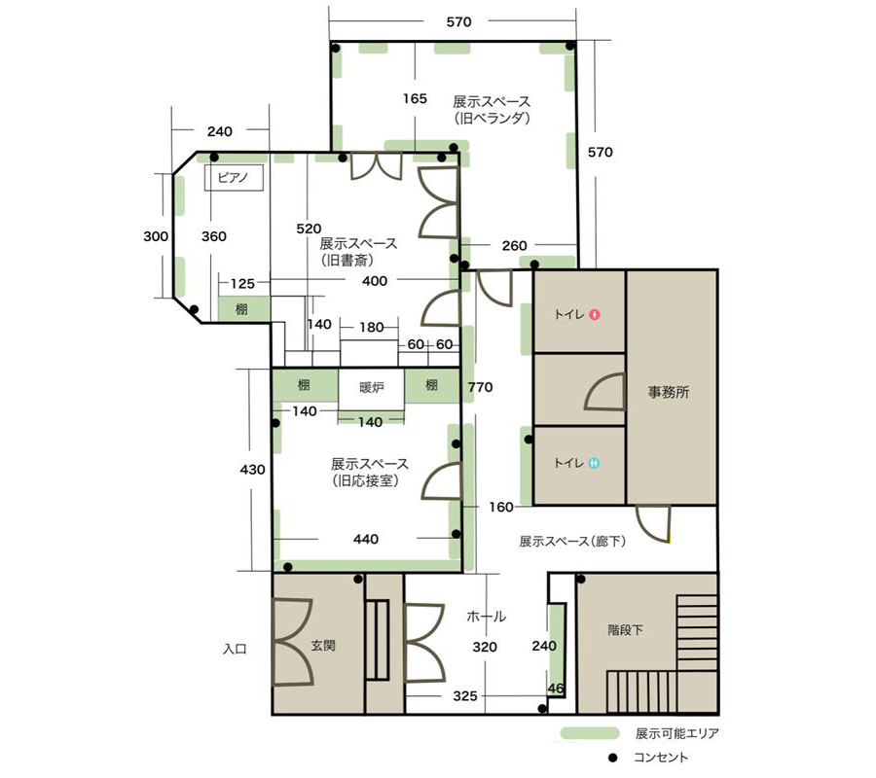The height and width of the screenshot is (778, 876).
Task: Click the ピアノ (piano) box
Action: [x=234, y=178]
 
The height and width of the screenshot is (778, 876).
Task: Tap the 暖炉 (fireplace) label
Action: [x=372, y=386]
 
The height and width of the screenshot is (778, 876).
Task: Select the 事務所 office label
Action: [x=668, y=392]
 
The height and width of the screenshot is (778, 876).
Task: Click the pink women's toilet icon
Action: [x=595, y=314]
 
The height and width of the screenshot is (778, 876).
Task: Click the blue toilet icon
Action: [x=595, y=463]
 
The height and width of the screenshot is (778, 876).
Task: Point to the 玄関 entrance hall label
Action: [x=323, y=645]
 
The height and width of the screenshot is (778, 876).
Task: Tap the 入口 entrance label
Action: [x=235, y=649]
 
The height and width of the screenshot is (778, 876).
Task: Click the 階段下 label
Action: [x=625, y=630]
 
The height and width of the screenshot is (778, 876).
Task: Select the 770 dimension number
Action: [x=481, y=387]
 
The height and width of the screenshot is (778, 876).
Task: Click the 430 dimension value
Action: [x=252, y=470]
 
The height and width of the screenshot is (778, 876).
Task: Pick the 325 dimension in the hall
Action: [x=465, y=696]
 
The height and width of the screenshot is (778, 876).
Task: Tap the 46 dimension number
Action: [x=556, y=689]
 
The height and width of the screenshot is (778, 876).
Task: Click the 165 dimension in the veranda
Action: [x=415, y=99]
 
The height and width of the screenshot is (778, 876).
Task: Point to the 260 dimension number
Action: [x=514, y=246]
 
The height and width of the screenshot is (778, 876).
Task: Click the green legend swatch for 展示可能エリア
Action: [x=590, y=733]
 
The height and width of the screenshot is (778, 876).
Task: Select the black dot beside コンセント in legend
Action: [x=613, y=758]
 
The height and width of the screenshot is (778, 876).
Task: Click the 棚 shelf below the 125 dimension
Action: [x=242, y=308]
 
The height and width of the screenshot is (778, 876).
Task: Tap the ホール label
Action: [x=486, y=617]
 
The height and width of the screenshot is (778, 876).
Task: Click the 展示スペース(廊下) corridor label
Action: [x=572, y=541]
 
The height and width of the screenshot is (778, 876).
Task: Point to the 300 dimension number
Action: [x=156, y=236]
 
